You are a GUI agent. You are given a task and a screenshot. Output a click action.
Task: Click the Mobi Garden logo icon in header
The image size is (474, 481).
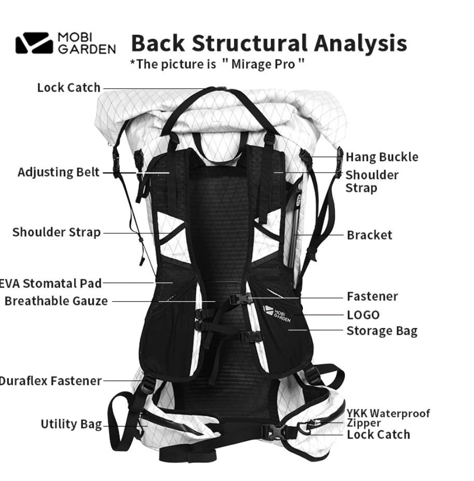tap(34, 44)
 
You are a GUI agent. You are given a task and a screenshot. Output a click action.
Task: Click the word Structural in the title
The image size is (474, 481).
tap(247, 43)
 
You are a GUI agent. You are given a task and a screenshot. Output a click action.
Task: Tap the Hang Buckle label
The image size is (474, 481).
tap(382, 157)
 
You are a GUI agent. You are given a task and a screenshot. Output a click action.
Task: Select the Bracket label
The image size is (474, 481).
tap(369, 235)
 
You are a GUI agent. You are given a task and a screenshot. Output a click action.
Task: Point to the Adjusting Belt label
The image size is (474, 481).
tap(58, 172)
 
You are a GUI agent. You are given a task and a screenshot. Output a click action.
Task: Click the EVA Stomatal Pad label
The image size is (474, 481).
tap(51, 283)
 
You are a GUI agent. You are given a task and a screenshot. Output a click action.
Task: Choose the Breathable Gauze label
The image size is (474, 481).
tap(56, 301)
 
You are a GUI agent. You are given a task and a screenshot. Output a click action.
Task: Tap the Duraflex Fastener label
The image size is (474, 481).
tap(51, 380)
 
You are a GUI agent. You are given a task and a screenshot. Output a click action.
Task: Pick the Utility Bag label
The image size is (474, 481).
tap(71, 424)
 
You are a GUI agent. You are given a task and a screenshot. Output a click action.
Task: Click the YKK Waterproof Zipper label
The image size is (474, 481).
tap(388, 417)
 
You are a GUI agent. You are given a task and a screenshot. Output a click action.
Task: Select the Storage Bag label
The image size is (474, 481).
tap(382, 331)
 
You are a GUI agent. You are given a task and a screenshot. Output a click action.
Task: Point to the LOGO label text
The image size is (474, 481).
tap(363, 315)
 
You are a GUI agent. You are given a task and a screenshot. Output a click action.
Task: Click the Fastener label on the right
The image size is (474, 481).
tap(372, 296)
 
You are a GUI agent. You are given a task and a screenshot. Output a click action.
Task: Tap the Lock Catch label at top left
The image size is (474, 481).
tap(68, 88)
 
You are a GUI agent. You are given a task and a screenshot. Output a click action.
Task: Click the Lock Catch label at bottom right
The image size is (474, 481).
tap(378, 434)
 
